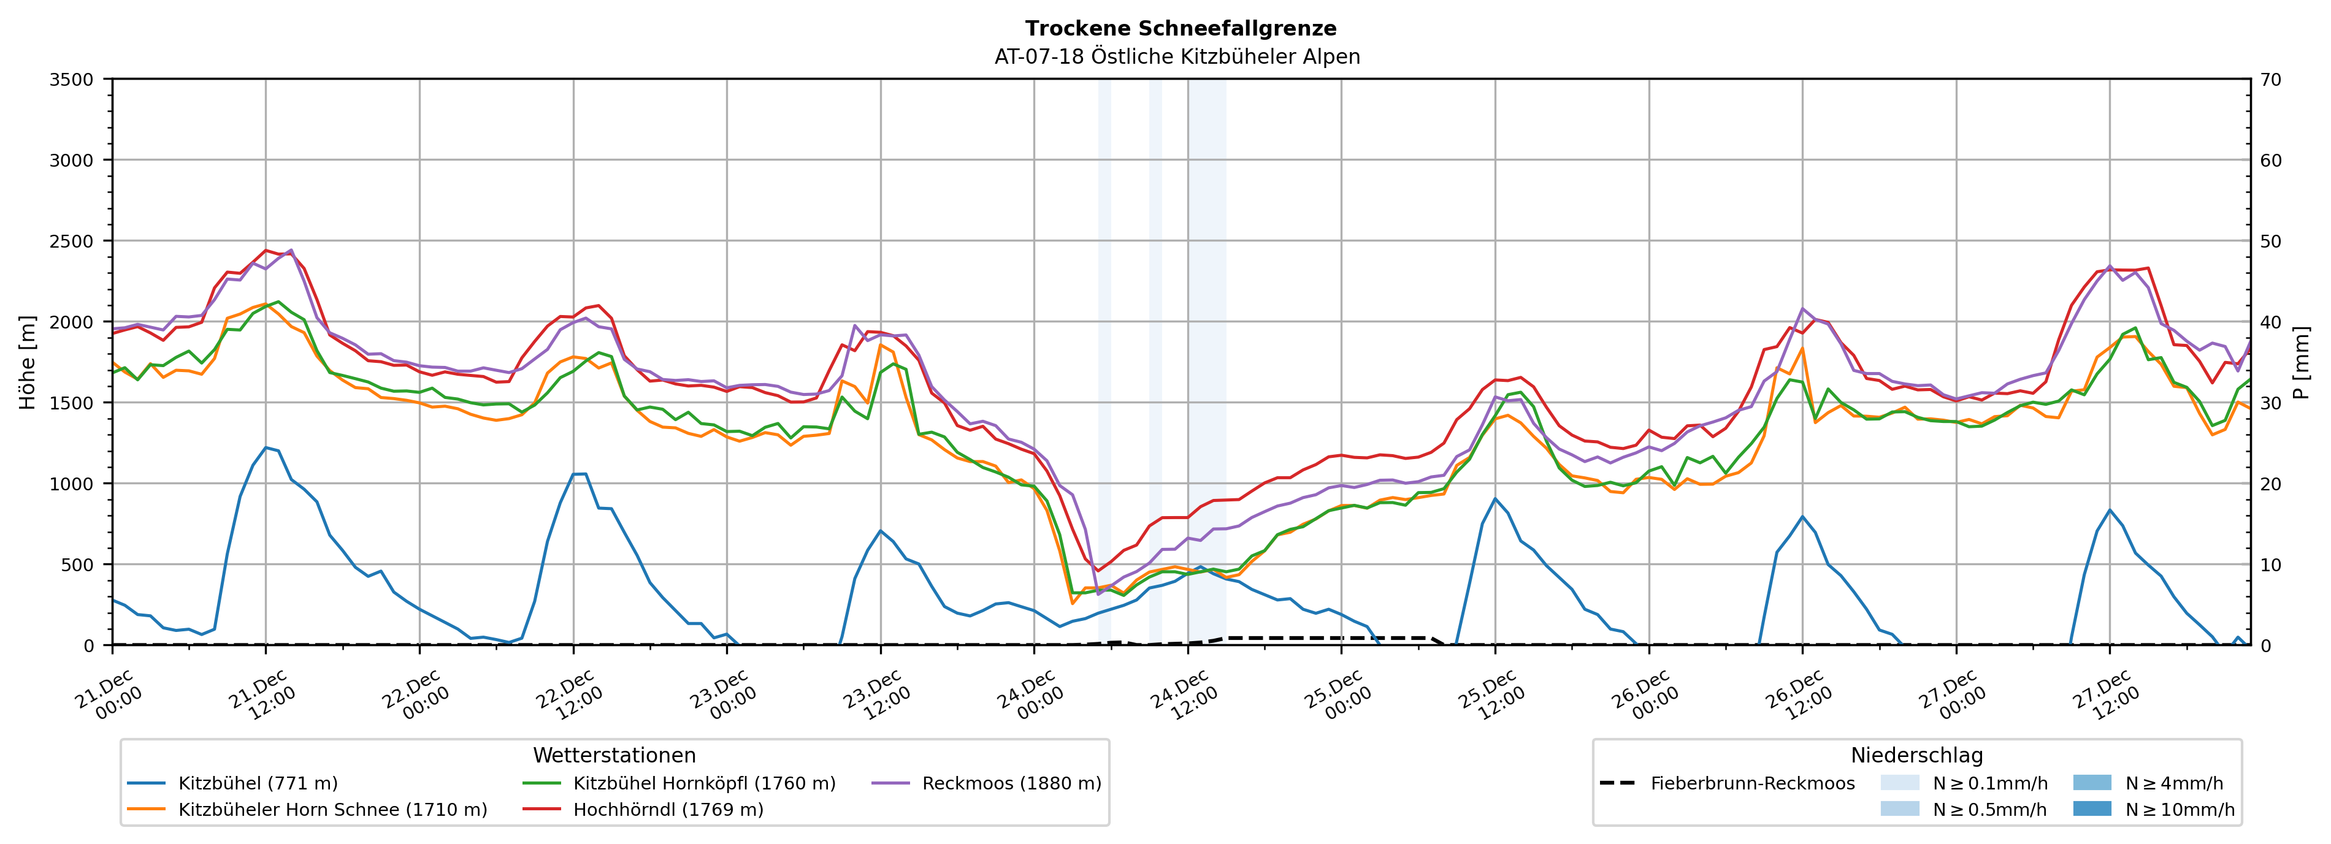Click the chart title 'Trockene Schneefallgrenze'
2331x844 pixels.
tap(1180, 29)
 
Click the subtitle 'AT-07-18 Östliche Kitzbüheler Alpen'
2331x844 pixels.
tap(1176, 57)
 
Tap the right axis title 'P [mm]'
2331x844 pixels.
tap(2301, 362)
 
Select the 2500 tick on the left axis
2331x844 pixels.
tap(71, 241)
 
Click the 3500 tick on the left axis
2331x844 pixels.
tap(71, 80)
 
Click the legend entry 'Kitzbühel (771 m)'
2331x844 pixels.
tap(258, 783)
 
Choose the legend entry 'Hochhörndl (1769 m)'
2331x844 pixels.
tap(668, 810)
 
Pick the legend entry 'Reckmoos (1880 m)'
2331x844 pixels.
tap(1011, 783)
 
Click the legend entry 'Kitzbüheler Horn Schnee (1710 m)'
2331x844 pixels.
tap(332, 810)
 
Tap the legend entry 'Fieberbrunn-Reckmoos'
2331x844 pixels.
tap(1752, 783)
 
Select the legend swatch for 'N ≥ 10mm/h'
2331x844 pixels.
tap(2091, 808)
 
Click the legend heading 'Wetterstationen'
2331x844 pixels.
tap(614, 755)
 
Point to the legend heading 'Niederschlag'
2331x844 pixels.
tap(1916, 755)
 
